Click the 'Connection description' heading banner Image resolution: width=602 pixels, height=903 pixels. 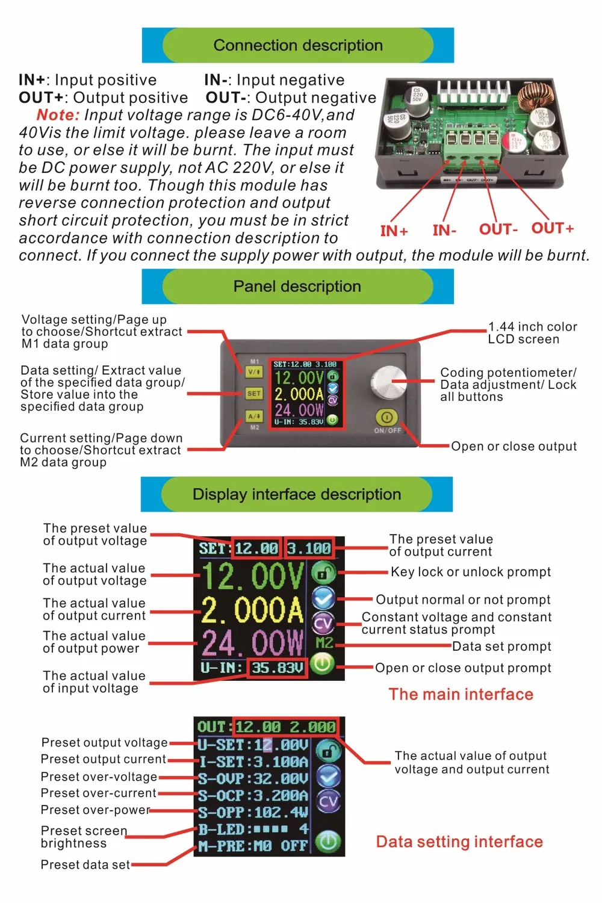[x=298, y=45]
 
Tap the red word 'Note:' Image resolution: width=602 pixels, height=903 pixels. [x=58, y=115]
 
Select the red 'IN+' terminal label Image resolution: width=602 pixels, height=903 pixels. [x=394, y=231]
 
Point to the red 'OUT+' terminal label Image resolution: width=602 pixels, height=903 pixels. [x=552, y=229]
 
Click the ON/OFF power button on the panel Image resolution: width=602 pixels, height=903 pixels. [x=386, y=417]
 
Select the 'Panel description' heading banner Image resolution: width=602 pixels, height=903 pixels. [x=297, y=287]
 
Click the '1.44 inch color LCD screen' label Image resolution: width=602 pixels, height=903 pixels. [x=532, y=333]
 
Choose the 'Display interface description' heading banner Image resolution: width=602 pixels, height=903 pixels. [x=297, y=494]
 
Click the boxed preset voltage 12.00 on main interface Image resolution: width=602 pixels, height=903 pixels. [x=256, y=548]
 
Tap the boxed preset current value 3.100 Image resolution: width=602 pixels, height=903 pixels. [x=309, y=548]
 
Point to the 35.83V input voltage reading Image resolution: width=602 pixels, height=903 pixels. [x=277, y=668]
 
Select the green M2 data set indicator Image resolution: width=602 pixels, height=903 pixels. [x=324, y=643]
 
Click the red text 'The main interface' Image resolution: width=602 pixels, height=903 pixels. [x=461, y=695]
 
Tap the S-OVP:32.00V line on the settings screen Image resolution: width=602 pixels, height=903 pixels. [x=253, y=778]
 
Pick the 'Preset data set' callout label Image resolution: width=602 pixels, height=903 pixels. [x=85, y=864]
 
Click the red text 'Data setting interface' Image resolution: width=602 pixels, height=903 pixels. [x=459, y=842]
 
